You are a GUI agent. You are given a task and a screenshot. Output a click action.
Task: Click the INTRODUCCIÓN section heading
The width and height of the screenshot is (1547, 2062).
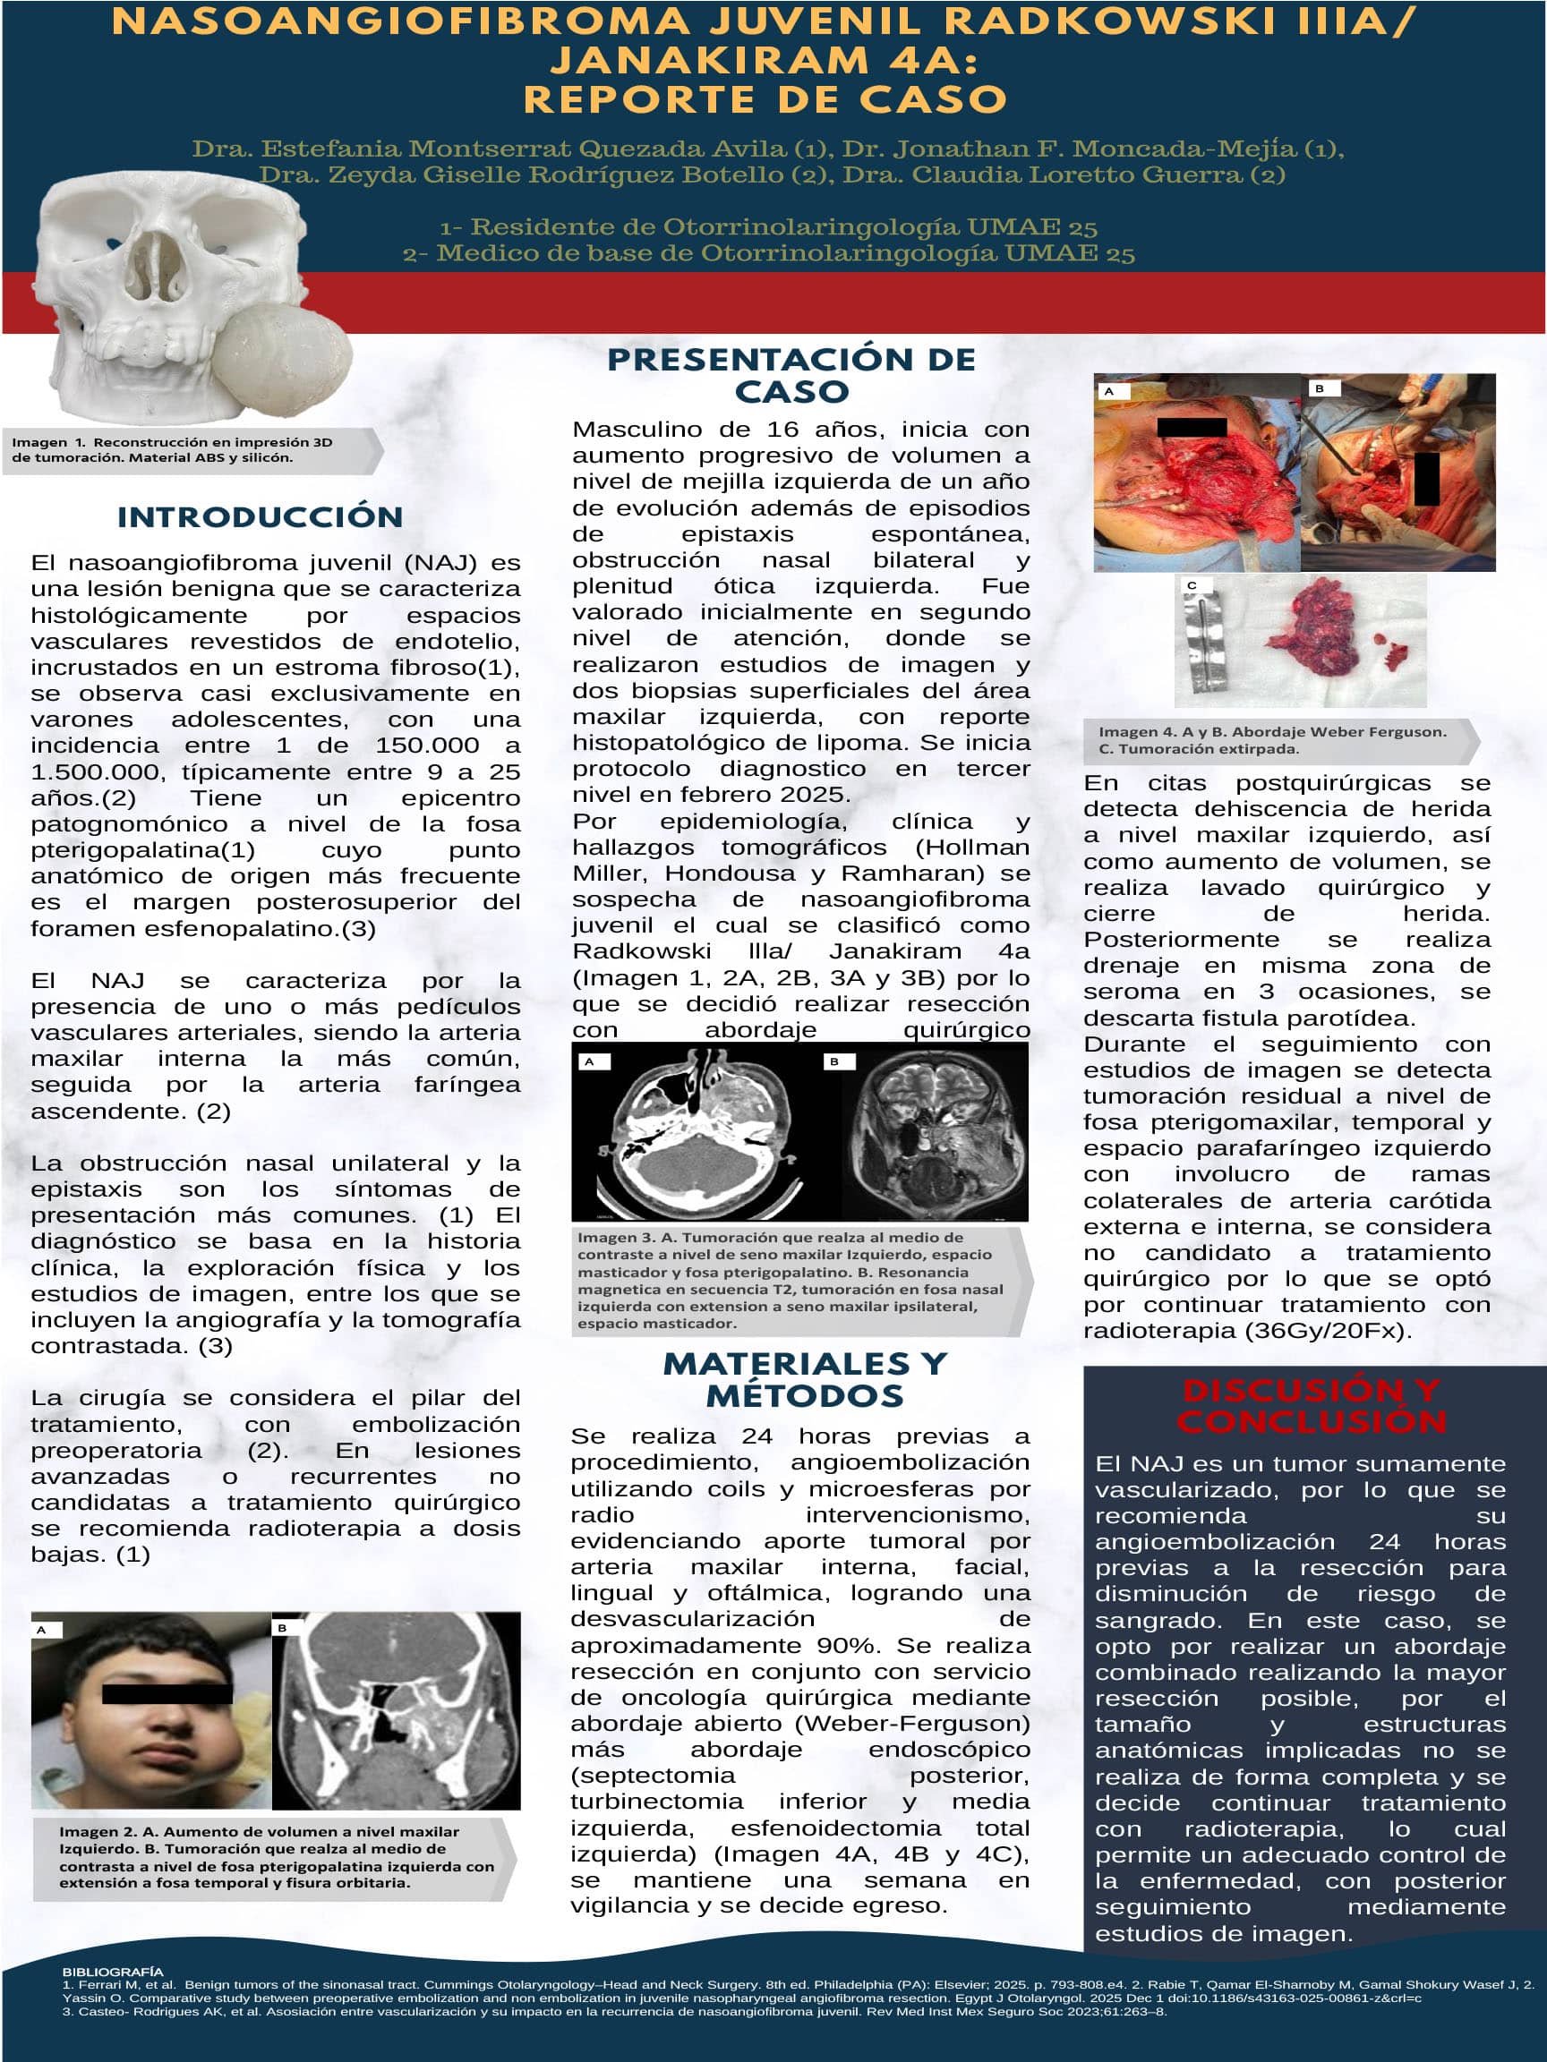(x=261, y=517)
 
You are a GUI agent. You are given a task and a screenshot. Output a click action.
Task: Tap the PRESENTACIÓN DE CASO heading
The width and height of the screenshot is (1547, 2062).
(x=791, y=375)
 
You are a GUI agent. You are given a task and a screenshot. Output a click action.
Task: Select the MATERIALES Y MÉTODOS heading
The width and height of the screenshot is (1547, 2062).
(x=805, y=1379)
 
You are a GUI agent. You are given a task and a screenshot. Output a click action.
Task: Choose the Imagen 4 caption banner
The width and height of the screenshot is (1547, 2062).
(x=1278, y=740)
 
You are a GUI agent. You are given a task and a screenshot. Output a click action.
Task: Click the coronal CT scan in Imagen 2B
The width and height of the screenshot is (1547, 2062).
(x=397, y=1710)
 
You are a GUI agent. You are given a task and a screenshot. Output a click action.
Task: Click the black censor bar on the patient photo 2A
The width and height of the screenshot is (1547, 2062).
(x=167, y=1694)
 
